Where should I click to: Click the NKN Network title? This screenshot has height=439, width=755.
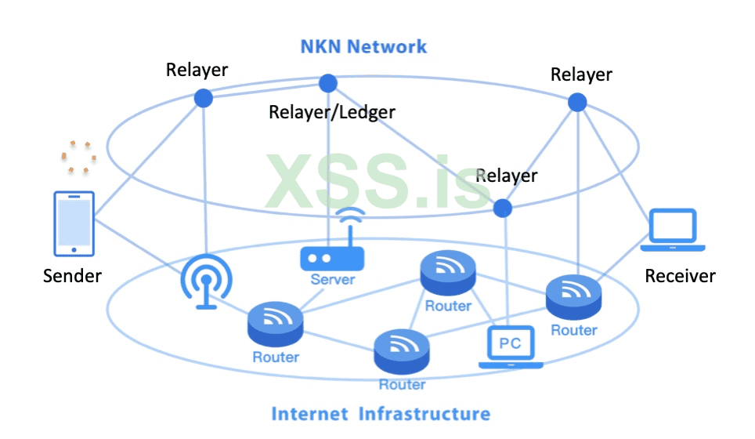pos(363,46)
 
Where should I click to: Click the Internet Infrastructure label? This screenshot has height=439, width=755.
pos(381,413)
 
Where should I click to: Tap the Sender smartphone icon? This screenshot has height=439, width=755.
pos(74,223)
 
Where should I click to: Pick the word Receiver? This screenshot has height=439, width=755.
pos(680,276)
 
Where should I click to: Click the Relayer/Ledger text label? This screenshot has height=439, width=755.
pos(331,112)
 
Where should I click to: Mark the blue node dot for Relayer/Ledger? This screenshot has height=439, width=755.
pos(328,83)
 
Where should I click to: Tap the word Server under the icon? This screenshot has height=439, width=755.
pos(333,279)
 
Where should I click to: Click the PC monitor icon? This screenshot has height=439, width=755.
pos(511,346)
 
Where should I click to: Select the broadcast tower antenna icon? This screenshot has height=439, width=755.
pos(206,282)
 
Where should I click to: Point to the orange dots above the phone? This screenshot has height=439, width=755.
pos(78,156)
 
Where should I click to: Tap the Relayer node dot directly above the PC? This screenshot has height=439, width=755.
pos(502,208)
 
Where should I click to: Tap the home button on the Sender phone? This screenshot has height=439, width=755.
pos(74,250)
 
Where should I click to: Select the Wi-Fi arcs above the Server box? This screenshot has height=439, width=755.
pos(350,219)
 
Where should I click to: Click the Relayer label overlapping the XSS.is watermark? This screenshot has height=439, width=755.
pos(507,175)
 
